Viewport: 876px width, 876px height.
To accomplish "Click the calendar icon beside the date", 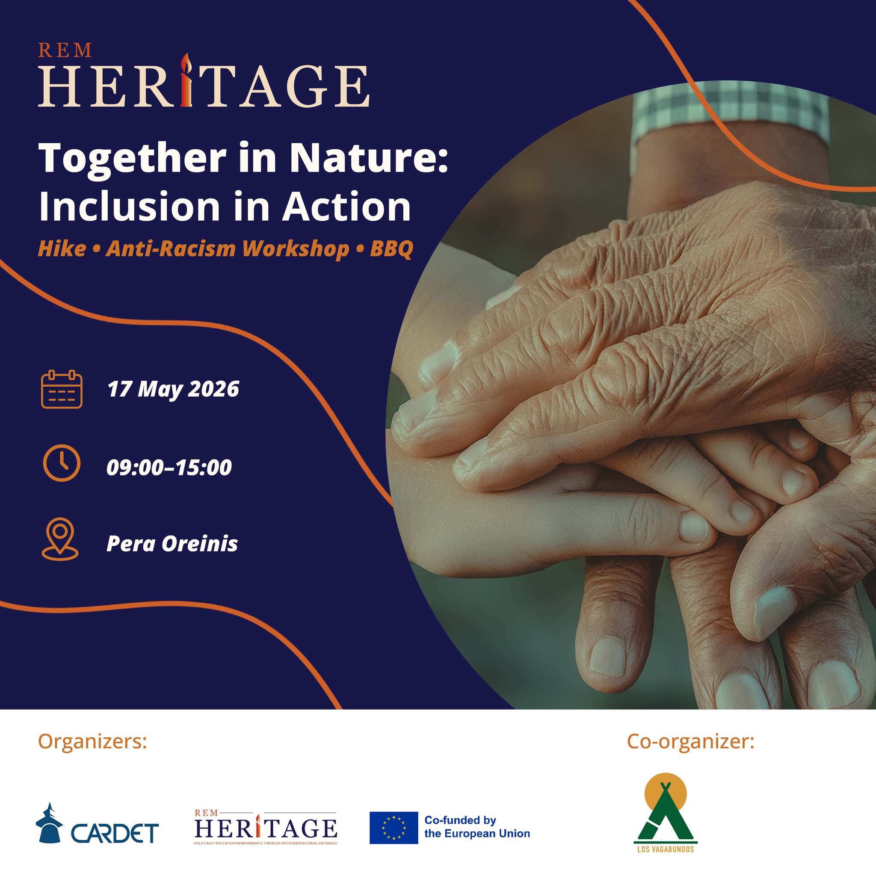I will [x=62, y=390].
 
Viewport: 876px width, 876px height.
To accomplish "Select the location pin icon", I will [x=60, y=539].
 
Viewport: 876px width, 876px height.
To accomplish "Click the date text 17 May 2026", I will [x=173, y=390].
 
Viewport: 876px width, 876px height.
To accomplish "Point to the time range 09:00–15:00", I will [x=169, y=468].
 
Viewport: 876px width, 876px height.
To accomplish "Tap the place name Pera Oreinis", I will [x=172, y=544].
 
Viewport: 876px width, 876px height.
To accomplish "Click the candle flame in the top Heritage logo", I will [x=186, y=63].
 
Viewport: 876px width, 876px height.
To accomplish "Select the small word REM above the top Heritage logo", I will [x=65, y=50].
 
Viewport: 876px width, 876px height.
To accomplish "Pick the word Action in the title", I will [x=347, y=207].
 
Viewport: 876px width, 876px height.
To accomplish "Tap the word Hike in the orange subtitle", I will [x=62, y=249].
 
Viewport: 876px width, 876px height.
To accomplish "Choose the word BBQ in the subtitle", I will [x=391, y=249].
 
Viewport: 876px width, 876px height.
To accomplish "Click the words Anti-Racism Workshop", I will [x=228, y=249].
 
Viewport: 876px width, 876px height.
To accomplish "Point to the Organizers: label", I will [x=92, y=742].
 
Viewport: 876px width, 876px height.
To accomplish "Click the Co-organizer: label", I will [x=690, y=741].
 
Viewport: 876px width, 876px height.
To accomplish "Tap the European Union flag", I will [x=393, y=828].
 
